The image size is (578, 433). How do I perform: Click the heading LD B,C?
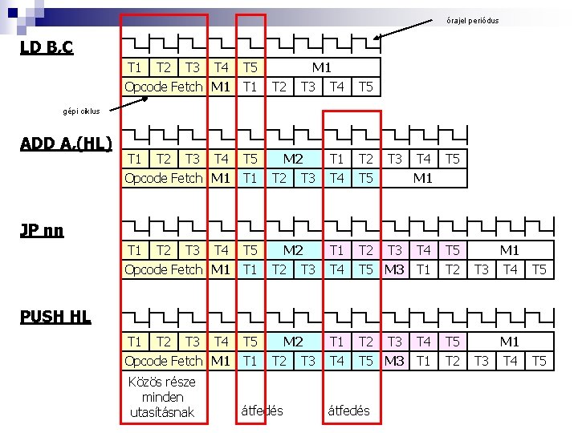tap(47, 48)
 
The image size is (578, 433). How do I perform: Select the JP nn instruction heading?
tap(42, 231)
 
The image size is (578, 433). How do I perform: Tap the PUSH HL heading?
tap(55, 317)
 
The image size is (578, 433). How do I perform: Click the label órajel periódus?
tap(473, 20)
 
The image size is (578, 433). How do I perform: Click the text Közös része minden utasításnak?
tap(162, 397)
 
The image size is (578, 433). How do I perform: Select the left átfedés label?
tap(262, 411)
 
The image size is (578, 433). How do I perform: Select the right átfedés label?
tap(348, 411)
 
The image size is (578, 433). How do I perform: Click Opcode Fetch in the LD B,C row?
tap(164, 87)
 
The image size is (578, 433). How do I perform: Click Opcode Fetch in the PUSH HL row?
tap(164, 361)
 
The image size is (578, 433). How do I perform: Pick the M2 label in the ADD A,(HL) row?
tap(293, 159)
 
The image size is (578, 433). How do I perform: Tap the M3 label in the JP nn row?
tap(394, 269)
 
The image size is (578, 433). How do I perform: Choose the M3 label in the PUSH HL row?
tap(394, 361)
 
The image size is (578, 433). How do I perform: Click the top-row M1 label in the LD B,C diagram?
tap(322, 67)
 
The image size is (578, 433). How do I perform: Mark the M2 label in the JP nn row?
tap(293, 250)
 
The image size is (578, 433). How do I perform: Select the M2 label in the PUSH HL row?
tap(293, 342)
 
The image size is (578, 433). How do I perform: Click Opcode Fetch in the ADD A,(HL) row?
tap(164, 178)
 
